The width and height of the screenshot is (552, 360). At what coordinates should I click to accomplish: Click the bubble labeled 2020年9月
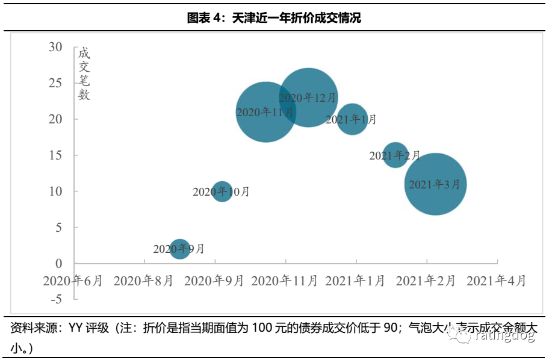coord(180,249)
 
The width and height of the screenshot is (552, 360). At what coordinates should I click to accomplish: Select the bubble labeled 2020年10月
coord(222,192)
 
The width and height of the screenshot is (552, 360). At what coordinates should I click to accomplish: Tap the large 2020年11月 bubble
coord(265,112)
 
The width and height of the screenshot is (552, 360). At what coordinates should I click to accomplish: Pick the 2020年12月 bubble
coord(308,97)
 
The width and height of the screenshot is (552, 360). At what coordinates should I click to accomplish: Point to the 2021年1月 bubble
coord(352,119)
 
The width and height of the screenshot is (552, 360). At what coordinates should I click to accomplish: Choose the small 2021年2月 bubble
coord(395,155)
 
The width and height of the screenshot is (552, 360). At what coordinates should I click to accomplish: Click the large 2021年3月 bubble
coord(435,184)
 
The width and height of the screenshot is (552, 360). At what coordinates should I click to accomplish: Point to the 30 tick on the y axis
coord(55,47)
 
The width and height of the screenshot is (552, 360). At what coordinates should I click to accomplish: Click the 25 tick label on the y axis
coord(55,83)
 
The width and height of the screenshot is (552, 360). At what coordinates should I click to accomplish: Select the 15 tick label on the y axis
coord(55,155)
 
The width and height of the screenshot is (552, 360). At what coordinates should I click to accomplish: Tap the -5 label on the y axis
coord(56,299)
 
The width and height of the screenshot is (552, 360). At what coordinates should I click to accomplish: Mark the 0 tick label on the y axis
coord(59,263)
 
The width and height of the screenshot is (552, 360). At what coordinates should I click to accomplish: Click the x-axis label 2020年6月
coord(73,281)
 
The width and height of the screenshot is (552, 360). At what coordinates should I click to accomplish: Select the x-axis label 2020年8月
coord(143,281)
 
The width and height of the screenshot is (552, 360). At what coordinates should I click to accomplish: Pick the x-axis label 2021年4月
coord(497,281)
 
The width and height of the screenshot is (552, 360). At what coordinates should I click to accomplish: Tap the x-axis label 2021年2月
coord(426,281)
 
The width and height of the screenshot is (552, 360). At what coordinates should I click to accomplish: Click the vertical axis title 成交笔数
coord(84,73)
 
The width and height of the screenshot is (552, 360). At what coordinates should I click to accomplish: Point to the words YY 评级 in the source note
coord(88,328)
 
